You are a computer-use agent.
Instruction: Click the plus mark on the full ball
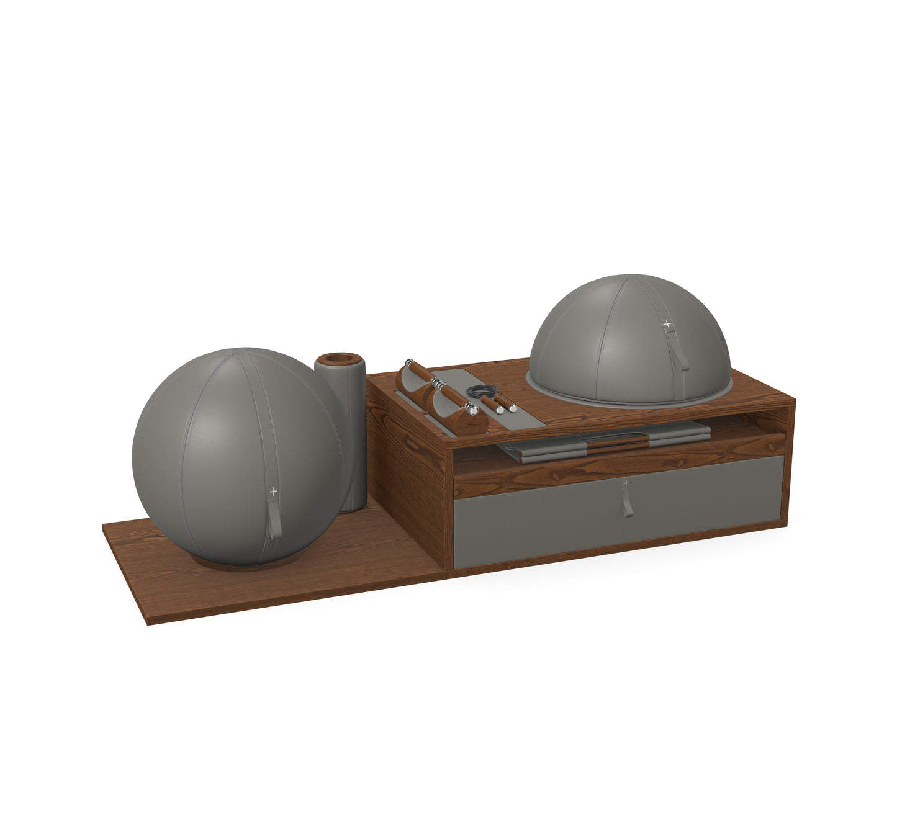[273, 491]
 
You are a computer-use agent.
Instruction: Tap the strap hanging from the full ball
[274, 518]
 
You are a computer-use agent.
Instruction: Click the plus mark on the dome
[667, 323]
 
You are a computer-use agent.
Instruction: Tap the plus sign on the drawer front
[625, 482]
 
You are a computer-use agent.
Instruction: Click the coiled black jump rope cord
[482, 391]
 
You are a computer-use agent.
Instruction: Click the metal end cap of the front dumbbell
[473, 409]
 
